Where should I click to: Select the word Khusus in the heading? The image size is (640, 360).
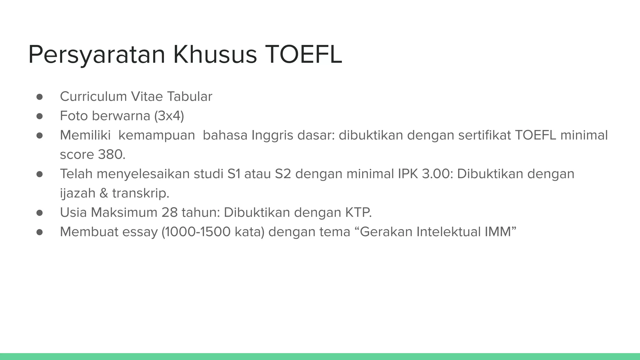215,55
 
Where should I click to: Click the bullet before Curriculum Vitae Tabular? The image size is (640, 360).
39,97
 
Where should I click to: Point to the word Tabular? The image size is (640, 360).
189,97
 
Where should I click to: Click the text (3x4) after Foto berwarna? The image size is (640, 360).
169,116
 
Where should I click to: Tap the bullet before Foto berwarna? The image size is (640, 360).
39,116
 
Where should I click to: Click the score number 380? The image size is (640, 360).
111,155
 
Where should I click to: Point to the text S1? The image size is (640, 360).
234,174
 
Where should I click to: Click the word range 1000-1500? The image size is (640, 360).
196,232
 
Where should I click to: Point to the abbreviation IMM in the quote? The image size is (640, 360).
498,232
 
